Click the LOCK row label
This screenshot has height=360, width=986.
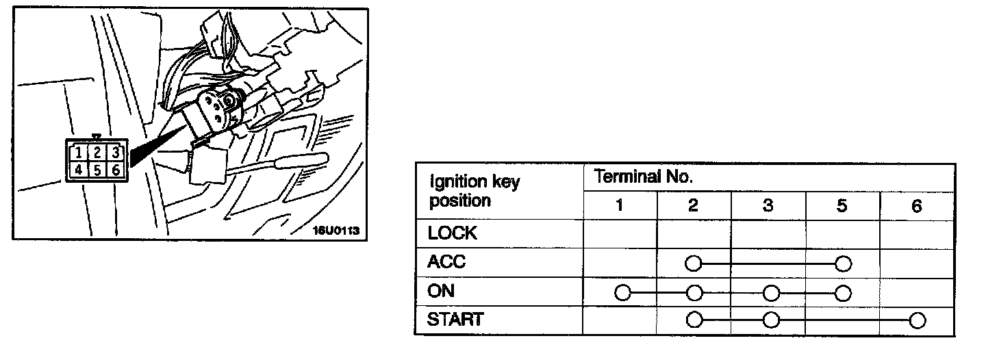[x=451, y=233]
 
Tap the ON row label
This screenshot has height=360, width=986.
[x=441, y=291]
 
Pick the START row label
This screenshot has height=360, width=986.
[x=455, y=320]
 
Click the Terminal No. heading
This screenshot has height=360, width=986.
[x=644, y=177]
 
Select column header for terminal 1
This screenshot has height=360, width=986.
[x=619, y=205]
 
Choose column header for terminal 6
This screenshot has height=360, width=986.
[x=917, y=205]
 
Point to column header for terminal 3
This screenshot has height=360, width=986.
[x=768, y=205]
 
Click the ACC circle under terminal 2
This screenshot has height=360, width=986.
[x=694, y=263]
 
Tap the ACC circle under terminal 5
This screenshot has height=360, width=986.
[x=843, y=263]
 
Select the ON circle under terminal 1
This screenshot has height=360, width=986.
[x=622, y=292]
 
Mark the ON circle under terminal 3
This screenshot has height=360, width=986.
[x=771, y=292]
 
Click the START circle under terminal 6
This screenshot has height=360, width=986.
[x=918, y=320]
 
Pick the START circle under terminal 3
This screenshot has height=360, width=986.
[x=771, y=320]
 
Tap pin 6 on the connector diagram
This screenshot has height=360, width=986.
[x=116, y=170]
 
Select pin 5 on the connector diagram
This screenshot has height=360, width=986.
[x=98, y=170]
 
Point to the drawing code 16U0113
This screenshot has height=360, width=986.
[x=336, y=231]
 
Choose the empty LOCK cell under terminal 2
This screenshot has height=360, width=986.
[x=694, y=233]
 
